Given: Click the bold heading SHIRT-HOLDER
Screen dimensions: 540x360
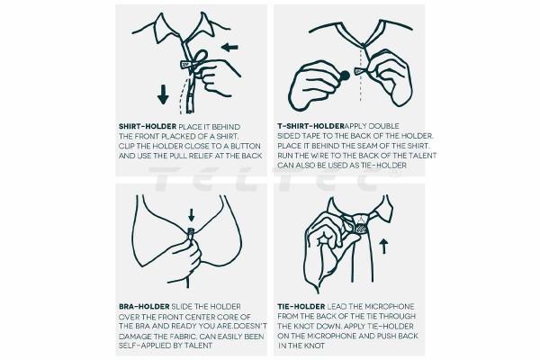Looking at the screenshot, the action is tap(148, 126).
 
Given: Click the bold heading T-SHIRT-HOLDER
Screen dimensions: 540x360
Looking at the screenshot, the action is tap(311, 126).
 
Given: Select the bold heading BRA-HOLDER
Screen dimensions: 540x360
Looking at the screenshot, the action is tap(144, 307).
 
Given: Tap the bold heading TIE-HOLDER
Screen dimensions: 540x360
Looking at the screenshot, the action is tap(301, 307).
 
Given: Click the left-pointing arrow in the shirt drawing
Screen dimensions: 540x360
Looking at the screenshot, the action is tap(229, 47).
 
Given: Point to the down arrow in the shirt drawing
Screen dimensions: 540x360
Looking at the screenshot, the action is tap(163, 94).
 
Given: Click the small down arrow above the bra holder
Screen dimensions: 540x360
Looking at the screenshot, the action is tap(192, 214).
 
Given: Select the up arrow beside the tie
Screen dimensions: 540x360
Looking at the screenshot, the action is tap(383, 247).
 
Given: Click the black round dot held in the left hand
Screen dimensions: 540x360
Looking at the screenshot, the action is tap(345, 75).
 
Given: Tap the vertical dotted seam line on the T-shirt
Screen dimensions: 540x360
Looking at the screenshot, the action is tap(360, 75).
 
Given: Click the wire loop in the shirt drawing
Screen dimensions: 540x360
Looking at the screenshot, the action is tap(202, 56).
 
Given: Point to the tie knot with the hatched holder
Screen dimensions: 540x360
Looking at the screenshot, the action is tap(360, 224).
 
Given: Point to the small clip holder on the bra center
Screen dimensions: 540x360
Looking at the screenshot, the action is tap(191, 233).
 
